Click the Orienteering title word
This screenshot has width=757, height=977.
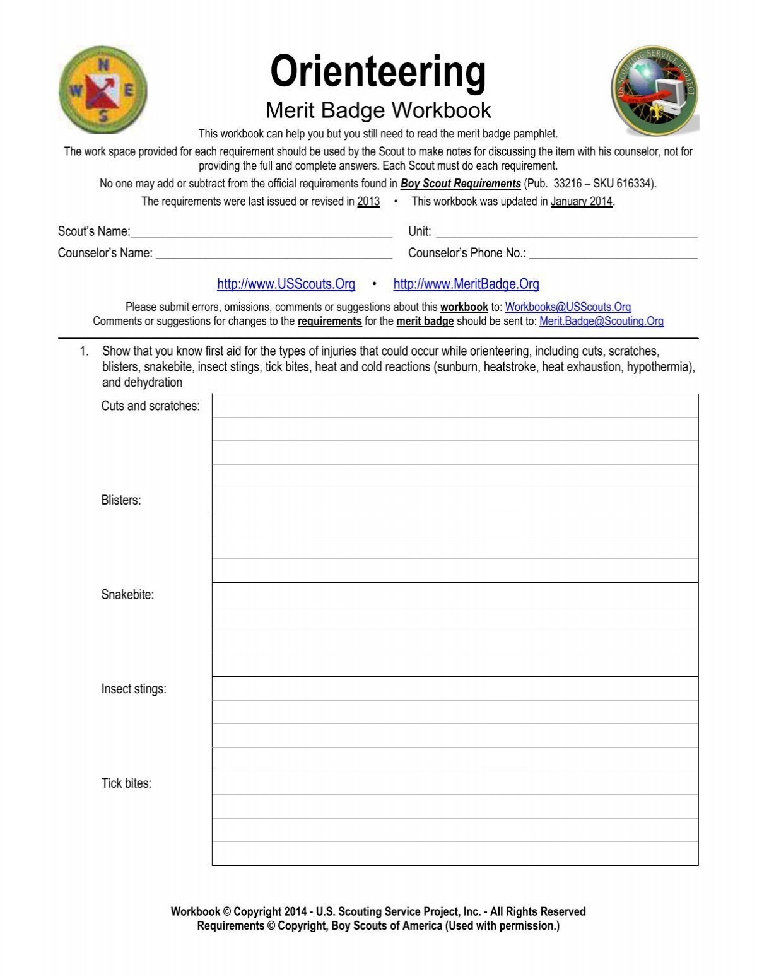378,71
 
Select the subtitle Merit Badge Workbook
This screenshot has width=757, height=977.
378,110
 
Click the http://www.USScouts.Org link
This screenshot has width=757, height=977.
286,284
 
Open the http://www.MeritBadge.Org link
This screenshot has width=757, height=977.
466,284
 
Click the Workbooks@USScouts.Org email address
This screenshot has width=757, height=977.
568,307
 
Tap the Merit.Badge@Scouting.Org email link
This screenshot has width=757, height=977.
601,321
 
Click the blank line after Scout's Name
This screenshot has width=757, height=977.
261,233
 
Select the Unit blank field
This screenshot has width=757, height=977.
566,233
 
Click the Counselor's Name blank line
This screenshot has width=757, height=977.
274,254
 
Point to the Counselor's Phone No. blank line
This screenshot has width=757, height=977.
613,254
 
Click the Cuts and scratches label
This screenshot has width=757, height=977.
150,406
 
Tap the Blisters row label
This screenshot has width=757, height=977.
121,501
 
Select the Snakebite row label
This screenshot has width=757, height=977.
127,595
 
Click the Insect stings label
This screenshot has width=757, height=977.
134,689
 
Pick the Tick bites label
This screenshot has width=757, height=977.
126,784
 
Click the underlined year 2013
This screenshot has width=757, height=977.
368,202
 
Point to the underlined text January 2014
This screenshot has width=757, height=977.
582,202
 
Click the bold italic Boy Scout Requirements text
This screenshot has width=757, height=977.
461,184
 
